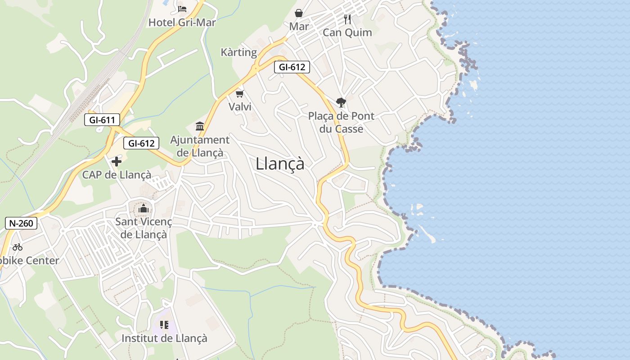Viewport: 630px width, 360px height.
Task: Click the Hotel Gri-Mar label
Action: tap(182, 22)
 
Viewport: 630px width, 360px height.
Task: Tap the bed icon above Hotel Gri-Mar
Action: tap(182, 9)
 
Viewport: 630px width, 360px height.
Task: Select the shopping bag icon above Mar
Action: tap(298, 13)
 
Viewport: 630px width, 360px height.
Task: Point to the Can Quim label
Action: tap(347, 32)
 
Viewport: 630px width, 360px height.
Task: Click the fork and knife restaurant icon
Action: tap(347, 19)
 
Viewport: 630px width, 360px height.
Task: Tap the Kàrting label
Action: tap(238, 52)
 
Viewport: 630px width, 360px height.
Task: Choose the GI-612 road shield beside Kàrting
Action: tap(292, 67)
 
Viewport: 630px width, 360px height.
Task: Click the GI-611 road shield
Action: tap(102, 120)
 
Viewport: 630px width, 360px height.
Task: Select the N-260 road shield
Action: tap(21, 223)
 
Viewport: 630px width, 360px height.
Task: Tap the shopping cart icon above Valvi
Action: tap(239, 94)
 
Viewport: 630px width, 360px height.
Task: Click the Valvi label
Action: tap(240, 107)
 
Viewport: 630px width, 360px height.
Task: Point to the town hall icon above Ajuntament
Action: tap(200, 126)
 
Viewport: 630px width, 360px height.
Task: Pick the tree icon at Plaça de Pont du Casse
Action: tap(341, 103)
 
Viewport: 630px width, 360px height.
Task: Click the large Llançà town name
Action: tap(280, 163)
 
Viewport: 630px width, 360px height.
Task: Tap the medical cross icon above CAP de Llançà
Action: tap(117, 161)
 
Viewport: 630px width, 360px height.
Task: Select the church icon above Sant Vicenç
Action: tap(144, 208)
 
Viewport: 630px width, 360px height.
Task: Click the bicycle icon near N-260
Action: tap(18, 247)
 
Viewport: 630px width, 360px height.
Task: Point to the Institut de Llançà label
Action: tap(164, 338)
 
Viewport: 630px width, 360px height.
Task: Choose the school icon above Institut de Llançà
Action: tap(164, 324)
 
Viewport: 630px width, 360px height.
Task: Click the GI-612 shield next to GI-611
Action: tap(141, 143)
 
